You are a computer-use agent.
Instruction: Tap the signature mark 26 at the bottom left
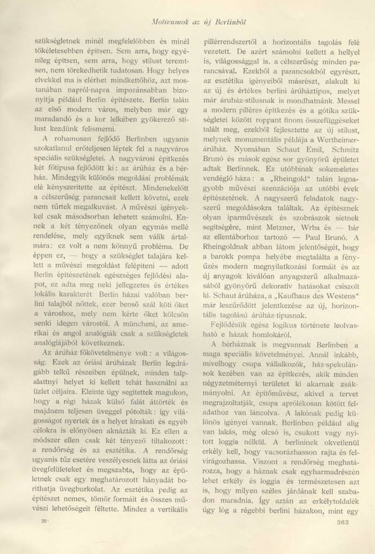coord(45,520)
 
